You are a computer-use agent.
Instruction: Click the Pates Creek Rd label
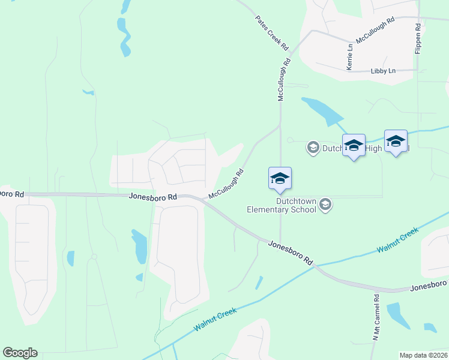tap(272, 33)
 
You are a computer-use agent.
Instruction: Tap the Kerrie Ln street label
tap(349, 57)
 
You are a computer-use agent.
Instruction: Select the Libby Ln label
tap(383, 71)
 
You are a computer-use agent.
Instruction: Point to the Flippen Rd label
tap(418, 39)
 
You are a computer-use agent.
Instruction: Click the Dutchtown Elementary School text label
tap(282, 206)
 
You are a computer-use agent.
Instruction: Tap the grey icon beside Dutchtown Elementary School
tap(325, 205)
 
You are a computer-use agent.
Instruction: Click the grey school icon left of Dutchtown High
tap(312, 147)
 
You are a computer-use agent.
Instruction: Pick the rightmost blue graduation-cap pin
tap(396, 141)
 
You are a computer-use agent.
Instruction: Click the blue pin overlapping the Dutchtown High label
tap(354, 145)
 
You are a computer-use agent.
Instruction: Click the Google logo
tap(20, 353)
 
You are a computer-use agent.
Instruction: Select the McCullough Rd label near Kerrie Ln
tap(375, 29)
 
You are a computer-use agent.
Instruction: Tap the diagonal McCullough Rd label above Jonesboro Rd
tap(226, 184)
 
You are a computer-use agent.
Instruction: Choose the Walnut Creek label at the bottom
tap(215, 320)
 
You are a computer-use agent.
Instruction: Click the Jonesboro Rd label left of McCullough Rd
tap(153, 196)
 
